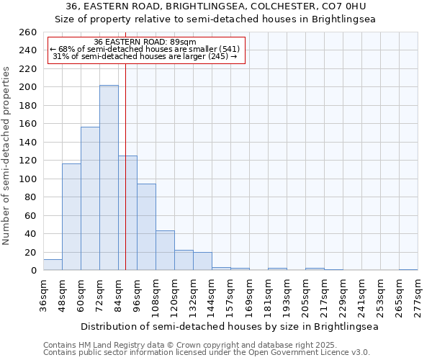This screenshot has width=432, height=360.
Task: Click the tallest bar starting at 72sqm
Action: coord(109,178)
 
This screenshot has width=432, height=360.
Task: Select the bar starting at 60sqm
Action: coord(90,199)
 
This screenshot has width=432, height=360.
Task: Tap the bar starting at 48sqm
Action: coord(71,217)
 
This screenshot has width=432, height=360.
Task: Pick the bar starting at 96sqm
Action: coord(146,227)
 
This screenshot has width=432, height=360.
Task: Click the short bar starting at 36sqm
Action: coord(53,265)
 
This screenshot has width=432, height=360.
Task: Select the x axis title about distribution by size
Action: coord(230,326)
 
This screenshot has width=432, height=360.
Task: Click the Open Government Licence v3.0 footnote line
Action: coord(207,353)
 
